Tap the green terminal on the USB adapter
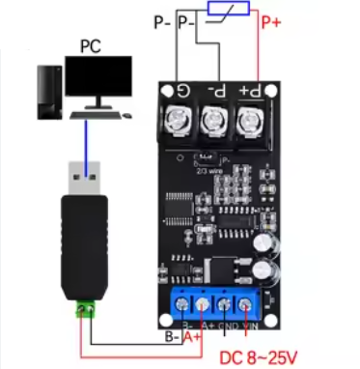pos(86,311)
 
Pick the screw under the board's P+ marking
pos(249,123)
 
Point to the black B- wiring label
pos(170,338)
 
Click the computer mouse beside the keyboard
pos(125,116)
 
